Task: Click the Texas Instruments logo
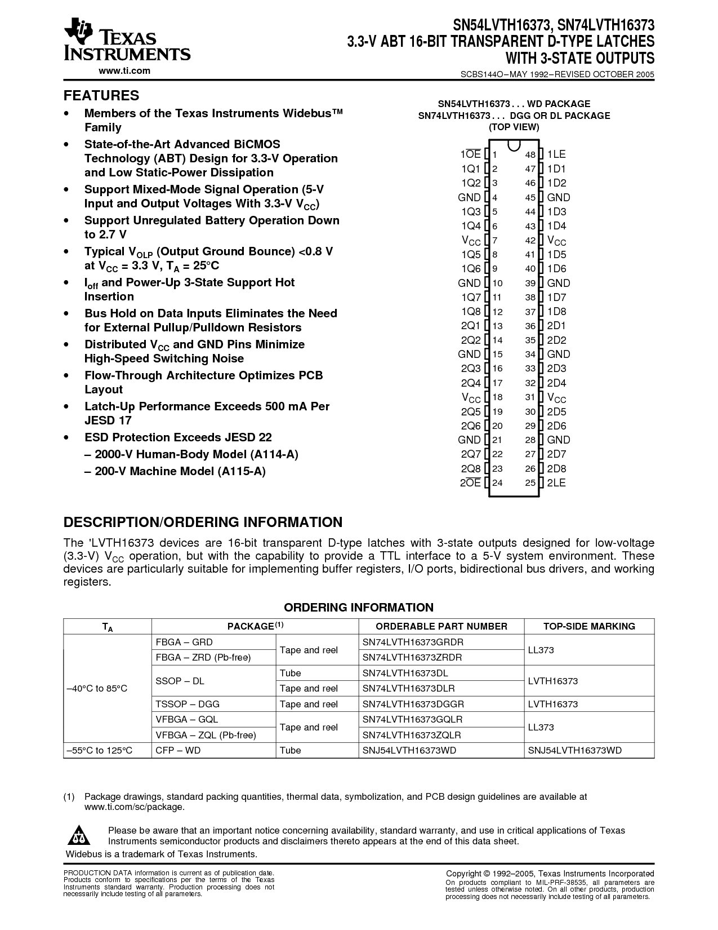[127, 39]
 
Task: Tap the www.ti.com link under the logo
[124, 70]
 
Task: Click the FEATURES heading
[101, 95]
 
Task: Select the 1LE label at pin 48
[556, 154]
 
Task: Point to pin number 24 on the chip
[497, 483]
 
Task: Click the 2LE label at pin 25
[556, 483]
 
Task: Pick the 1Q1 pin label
[471, 169]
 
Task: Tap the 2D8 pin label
[556, 468]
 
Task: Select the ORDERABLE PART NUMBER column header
[441, 626]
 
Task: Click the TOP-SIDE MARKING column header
[589, 626]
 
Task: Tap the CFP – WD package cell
[178, 750]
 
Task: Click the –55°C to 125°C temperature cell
[99, 750]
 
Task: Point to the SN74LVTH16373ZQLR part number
[412, 735]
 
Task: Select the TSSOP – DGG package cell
[188, 704]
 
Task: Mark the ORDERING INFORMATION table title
[359, 608]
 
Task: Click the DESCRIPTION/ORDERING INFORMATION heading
[203, 522]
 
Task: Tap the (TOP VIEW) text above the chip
[514, 127]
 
